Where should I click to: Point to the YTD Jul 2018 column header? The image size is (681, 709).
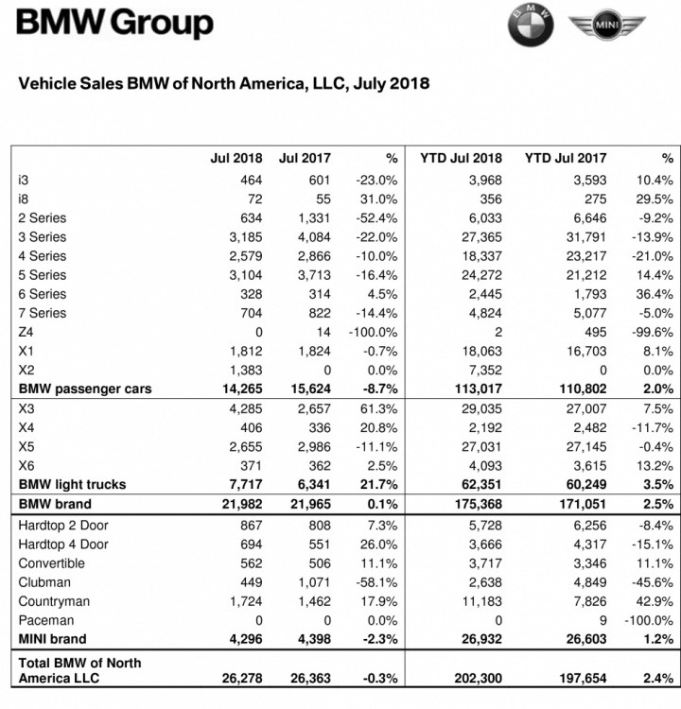point(461,158)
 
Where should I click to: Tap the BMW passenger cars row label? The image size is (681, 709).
point(85,389)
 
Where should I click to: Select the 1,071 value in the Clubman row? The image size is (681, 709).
point(306,582)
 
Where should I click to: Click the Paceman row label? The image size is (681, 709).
point(45,620)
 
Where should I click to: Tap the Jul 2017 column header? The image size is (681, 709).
point(302,158)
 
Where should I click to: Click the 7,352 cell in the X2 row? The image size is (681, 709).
point(482,370)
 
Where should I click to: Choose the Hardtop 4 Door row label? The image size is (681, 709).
point(63,545)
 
